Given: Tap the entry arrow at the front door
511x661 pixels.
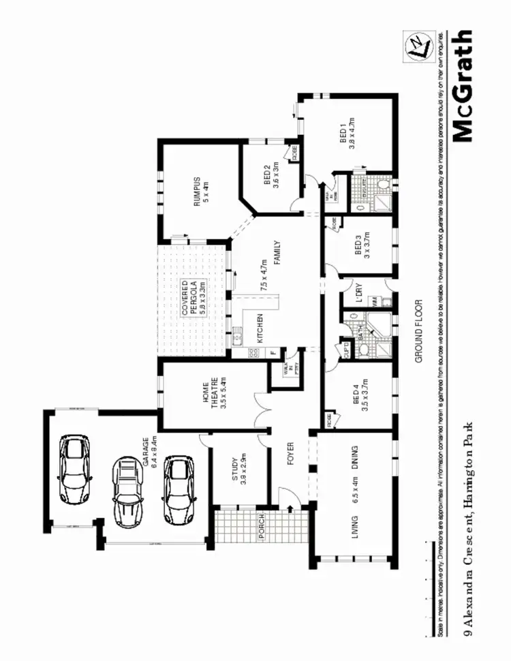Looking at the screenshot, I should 291,508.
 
